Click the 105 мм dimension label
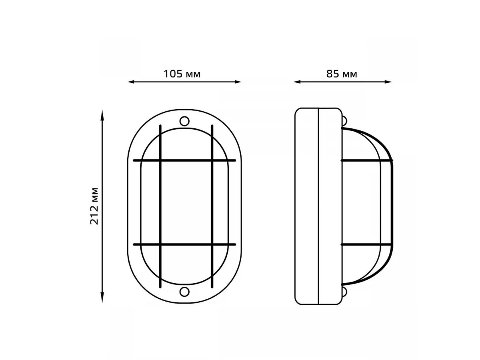click(182, 74)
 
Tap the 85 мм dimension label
click(342, 74)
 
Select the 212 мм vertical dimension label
click(94, 206)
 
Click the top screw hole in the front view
click(184, 121)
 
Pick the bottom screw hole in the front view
click(184, 292)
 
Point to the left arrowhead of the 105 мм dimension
click(131, 82)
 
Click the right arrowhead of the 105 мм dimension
click(238, 82)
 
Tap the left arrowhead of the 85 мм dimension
click(296, 82)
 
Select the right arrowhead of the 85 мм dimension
click(388, 82)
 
